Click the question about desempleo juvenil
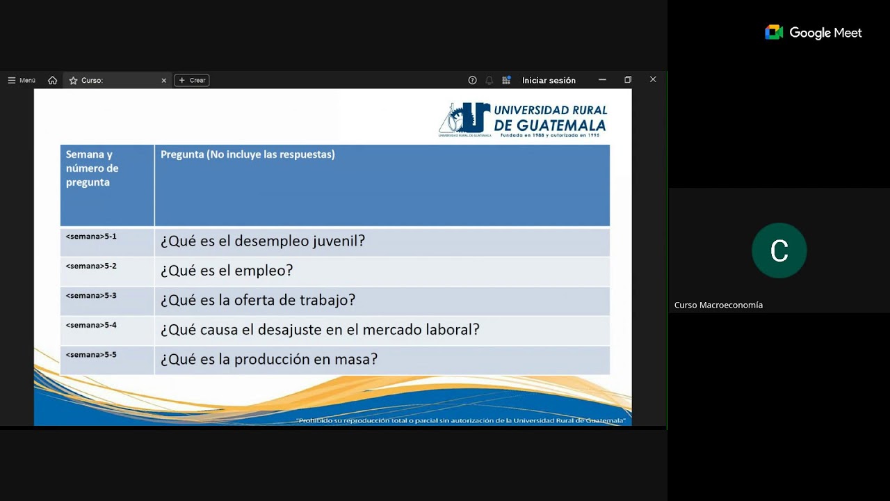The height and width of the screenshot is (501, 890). (263, 241)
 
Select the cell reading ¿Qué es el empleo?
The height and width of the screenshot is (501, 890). (227, 271)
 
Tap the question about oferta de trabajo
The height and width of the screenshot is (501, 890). (258, 301)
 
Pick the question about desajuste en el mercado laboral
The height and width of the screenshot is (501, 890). (320, 330)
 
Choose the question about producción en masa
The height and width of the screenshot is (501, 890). (269, 360)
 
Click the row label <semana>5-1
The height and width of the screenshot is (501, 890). (91, 237)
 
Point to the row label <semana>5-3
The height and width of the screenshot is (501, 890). (91, 296)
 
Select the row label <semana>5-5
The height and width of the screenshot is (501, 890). (91, 355)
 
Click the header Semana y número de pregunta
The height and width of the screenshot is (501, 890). (92, 168)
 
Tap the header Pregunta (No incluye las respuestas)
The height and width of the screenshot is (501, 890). (248, 154)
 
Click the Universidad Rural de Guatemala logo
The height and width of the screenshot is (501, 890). (523, 119)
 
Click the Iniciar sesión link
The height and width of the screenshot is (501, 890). (549, 81)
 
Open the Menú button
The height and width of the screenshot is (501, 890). (22, 81)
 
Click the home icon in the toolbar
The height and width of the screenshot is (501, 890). (52, 81)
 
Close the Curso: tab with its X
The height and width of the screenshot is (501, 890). (164, 81)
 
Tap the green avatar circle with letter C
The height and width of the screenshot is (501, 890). (779, 250)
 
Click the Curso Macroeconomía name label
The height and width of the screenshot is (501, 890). (718, 305)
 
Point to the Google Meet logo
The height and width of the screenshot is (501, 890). (813, 33)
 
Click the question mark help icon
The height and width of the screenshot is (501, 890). (472, 81)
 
